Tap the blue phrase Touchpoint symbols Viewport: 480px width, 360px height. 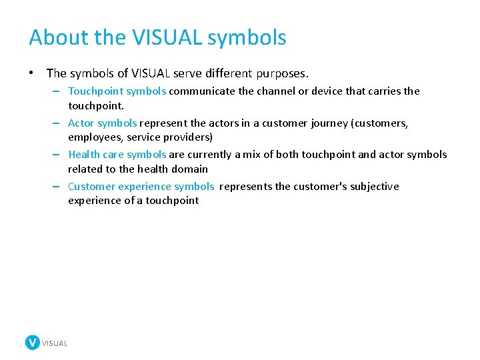click(117, 91)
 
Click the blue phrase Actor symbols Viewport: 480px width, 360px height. click(103, 123)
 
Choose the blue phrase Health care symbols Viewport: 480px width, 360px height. click(117, 155)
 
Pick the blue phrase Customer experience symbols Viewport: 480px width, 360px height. click(141, 187)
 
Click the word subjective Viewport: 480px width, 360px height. click(374, 187)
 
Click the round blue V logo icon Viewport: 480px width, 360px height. click(33, 343)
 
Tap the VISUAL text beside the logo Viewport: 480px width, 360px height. click(55, 343)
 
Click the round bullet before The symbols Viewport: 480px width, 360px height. click(33, 73)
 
